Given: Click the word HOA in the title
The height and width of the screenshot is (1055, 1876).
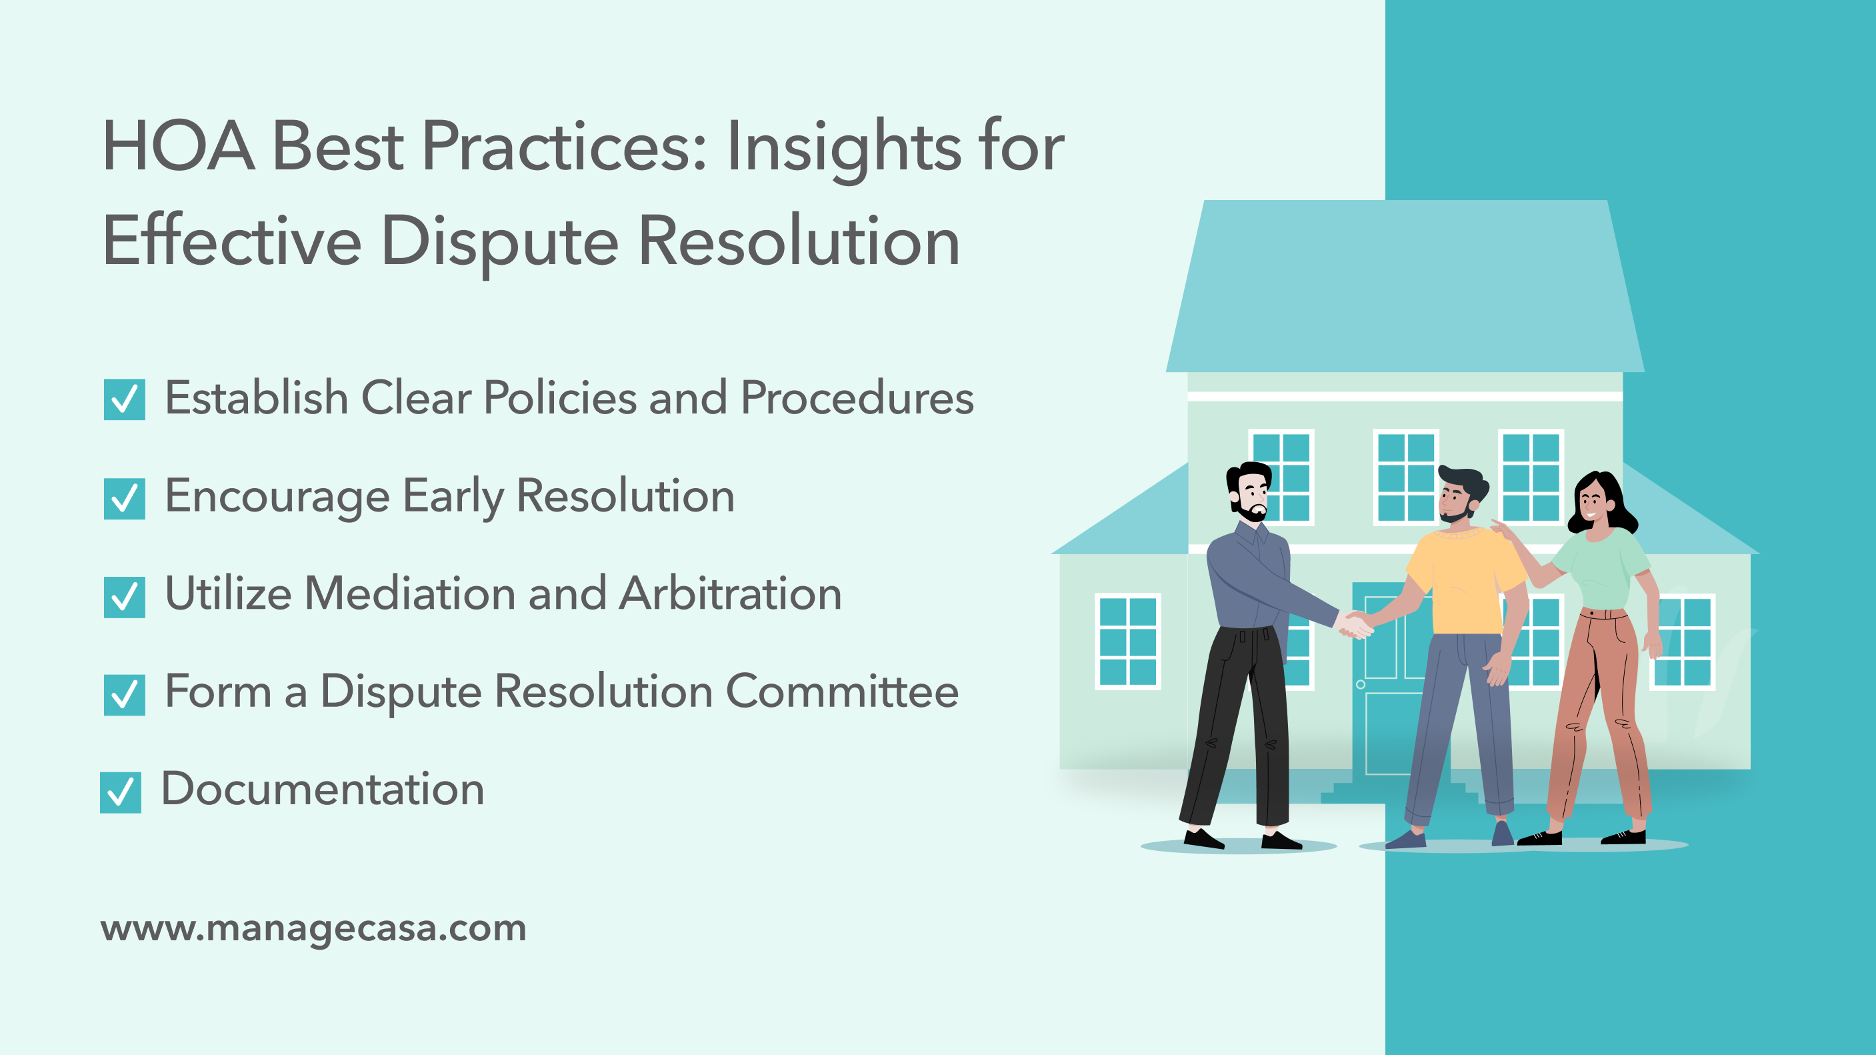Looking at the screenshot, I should coord(179,147).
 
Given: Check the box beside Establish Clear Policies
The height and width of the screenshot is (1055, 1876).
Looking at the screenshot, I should coord(125,399).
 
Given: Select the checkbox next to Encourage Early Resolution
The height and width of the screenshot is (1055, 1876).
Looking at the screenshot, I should coord(125,499).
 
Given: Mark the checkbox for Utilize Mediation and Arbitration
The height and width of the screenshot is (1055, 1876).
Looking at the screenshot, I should coord(125,598).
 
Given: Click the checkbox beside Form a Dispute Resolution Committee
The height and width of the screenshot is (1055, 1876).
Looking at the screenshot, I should coord(125,695).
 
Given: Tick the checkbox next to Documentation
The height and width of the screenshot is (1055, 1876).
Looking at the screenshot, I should coord(121,793).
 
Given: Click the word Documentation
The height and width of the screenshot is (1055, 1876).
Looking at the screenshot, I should coord(323,789).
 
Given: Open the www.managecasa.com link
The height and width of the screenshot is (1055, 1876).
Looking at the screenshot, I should coord(313,928).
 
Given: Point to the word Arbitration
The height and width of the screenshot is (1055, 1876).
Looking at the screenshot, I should coord(731,594).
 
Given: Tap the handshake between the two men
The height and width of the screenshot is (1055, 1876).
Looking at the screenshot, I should coord(1355,624).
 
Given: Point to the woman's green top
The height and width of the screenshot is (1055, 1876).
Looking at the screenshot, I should coord(1599,568).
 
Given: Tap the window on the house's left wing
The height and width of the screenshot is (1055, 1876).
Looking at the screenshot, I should coord(1127,641).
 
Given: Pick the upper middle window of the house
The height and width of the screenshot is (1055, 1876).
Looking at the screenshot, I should coord(1405,477).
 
